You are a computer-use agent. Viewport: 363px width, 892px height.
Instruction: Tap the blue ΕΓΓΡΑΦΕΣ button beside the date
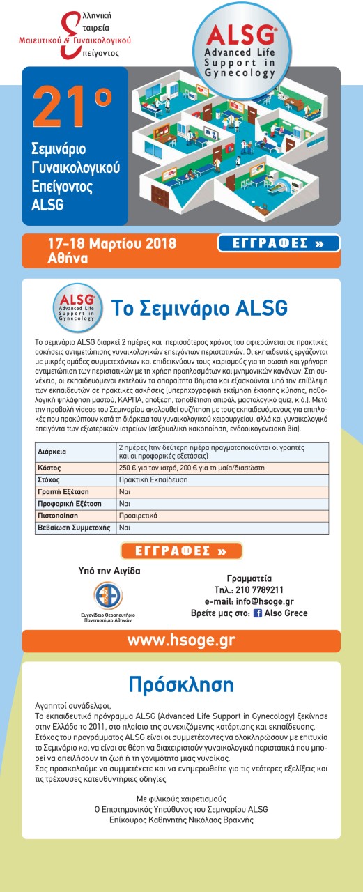(x=279, y=244)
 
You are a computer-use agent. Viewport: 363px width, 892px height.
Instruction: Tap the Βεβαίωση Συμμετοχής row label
(x=73, y=528)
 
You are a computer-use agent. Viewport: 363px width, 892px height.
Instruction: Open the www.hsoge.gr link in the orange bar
(x=180, y=640)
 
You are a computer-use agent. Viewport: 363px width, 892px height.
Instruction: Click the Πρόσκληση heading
(x=181, y=682)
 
